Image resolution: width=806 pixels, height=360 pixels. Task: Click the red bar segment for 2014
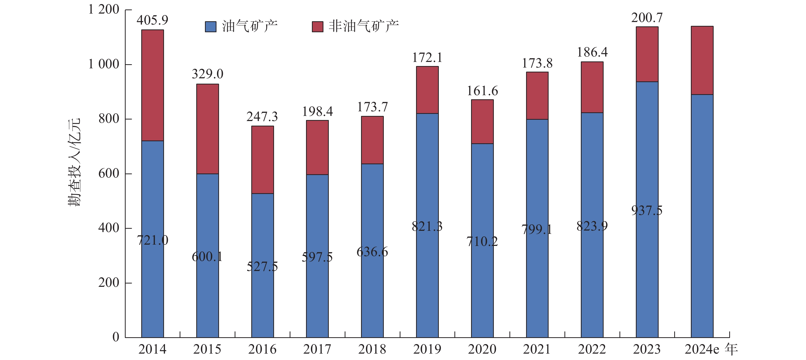[x=153, y=85]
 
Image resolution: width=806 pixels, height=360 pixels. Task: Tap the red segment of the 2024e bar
[x=702, y=60]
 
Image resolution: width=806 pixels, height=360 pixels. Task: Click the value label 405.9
[x=153, y=20]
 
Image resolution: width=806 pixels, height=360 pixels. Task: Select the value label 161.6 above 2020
[x=482, y=91]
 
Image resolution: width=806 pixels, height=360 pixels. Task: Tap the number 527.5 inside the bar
[x=262, y=266]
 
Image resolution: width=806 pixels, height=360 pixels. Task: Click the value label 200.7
[x=647, y=17]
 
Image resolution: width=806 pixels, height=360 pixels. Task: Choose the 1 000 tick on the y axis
[x=104, y=64]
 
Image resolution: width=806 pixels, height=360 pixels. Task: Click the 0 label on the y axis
[x=116, y=337]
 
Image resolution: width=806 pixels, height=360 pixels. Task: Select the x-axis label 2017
[x=317, y=349]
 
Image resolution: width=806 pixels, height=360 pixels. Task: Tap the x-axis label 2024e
[x=702, y=349]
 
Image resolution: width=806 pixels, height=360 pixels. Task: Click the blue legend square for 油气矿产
[x=211, y=27]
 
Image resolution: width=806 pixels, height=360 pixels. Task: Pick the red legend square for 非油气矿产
[x=317, y=27]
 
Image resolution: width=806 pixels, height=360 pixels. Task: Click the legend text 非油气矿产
[x=364, y=26]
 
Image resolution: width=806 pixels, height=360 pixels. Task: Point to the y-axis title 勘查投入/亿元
[x=74, y=162]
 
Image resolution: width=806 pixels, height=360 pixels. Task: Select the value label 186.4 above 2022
[x=592, y=52]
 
